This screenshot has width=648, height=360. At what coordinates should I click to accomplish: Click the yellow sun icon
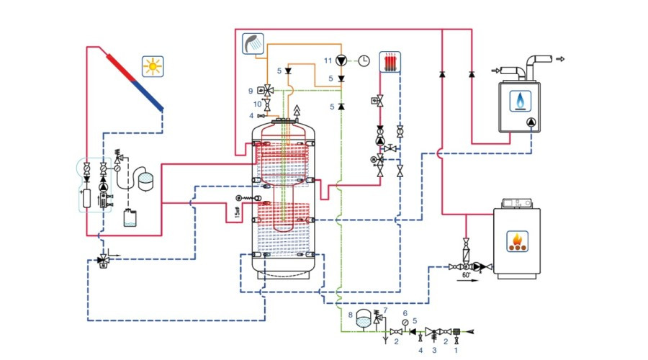click(153, 66)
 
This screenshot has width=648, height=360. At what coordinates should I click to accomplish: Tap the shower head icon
click(253, 43)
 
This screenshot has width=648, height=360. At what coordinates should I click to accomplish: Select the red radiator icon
click(390, 61)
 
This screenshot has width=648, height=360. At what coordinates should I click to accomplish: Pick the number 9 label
click(251, 91)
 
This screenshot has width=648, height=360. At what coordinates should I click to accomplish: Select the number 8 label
click(351, 315)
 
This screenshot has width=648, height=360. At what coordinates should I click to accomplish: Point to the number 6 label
click(405, 313)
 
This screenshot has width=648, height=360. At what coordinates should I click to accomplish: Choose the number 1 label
click(454, 351)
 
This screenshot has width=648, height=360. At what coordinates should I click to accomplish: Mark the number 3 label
click(433, 351)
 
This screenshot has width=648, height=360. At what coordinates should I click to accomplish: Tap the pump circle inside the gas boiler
click(531, 123)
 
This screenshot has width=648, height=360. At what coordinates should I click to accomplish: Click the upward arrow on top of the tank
click(294, 110)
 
